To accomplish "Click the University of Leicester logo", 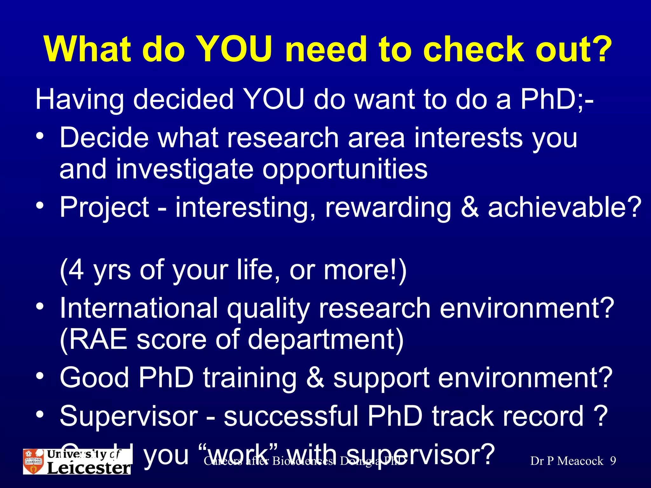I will coord(77,461).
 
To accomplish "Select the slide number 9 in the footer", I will coord(613,461).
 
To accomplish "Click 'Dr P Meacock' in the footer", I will coord(566,461).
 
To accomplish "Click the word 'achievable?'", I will coord(565,207).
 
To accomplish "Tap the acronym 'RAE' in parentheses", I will coord(98,339).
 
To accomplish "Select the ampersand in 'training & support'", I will coord(315,377).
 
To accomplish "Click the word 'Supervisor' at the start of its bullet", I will coord(129,416).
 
